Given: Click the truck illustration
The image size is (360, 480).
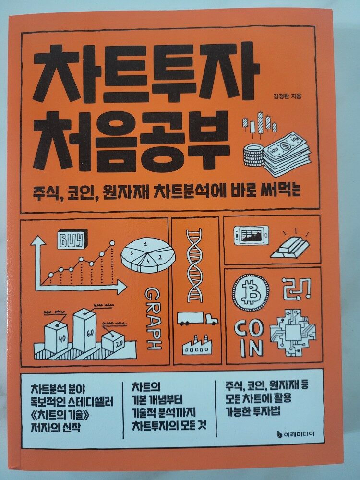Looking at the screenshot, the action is click(197, 319).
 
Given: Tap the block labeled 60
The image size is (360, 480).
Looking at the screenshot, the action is click(84, 331).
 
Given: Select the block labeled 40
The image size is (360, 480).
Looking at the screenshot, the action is click(56, 337).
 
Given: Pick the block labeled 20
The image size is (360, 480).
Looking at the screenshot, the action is click(113, 342).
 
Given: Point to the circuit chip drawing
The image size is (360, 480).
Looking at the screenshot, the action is click(293, 333).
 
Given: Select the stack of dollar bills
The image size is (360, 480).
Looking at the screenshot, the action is click(287, 154).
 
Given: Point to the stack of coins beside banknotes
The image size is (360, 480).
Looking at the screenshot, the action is click(253, 155).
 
